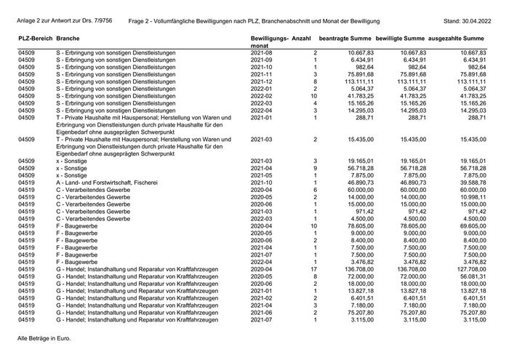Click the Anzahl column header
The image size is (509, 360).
[303, 36]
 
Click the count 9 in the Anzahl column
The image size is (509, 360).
[314, 168]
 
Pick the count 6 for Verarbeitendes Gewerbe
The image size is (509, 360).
[314, 190]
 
